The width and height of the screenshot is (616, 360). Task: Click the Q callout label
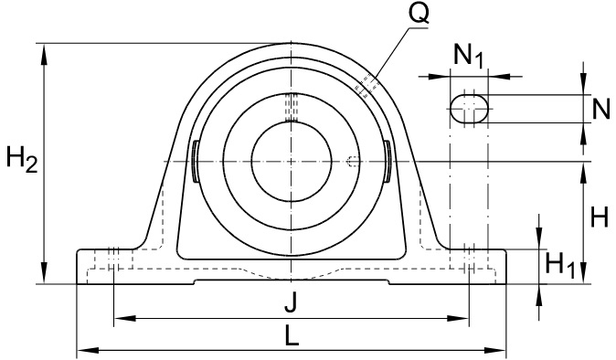click(419, 14)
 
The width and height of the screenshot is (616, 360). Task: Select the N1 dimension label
click(468, 56)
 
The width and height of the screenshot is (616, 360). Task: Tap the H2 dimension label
click(22, 159)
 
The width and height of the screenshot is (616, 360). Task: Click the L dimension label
click(292, 336)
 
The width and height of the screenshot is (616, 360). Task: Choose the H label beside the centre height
click(600, 217)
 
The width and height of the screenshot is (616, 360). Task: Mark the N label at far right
click(601, 109)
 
